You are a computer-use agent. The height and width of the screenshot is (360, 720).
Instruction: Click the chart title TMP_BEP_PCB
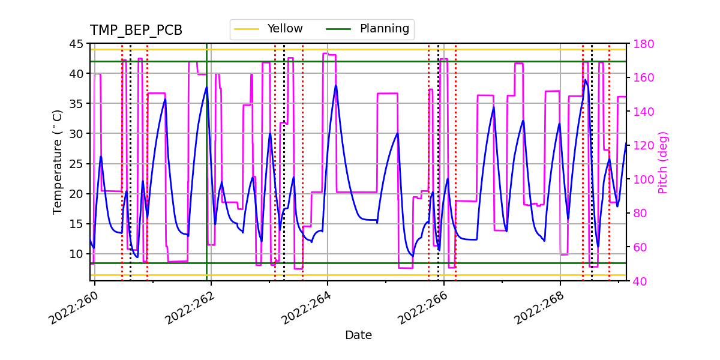[x=136, y=31]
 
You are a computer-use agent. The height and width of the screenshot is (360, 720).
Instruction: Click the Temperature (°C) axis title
[x=58, y=162]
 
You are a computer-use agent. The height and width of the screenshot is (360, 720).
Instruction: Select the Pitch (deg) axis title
[x=663, y=162]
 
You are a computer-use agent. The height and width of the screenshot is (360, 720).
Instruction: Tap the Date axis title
[x=358, y=335]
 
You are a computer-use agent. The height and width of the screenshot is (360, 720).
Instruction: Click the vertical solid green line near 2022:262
[x=207, y=180]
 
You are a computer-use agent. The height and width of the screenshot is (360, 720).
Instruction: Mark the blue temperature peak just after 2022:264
[x=336, y=85]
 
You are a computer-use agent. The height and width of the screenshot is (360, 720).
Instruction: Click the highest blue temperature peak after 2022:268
[x=586, y=80]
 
